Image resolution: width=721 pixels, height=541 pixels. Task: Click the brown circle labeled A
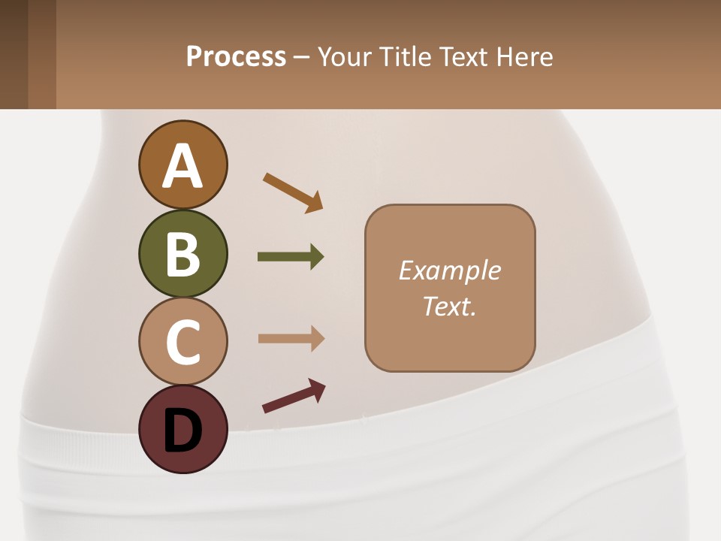coord(183,165)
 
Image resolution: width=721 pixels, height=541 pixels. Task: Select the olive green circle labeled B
coord(183,253)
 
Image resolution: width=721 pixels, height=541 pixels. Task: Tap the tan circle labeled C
coord(183,341)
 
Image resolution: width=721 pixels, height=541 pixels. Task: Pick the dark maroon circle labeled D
coord(183,429)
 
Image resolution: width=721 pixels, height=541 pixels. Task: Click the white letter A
coord(183,166)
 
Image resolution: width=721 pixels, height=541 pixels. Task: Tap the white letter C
coord(183,342)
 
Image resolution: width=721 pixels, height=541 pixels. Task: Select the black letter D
coord(183,431)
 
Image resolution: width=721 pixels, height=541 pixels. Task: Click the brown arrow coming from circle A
coord(293,191)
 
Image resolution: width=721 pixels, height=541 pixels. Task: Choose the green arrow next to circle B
coord(291,257)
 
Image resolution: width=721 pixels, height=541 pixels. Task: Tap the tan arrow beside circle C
coord(291,339)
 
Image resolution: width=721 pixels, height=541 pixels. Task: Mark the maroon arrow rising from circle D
coord(294,396)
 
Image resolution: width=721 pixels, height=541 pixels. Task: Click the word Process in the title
coord(236,56)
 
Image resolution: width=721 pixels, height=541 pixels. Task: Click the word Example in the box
coord(449,270)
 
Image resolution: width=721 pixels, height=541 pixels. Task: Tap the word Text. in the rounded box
coord(449,306)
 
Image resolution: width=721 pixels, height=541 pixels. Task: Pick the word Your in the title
coord(342,56)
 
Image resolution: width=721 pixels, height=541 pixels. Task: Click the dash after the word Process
coord(301,58)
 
